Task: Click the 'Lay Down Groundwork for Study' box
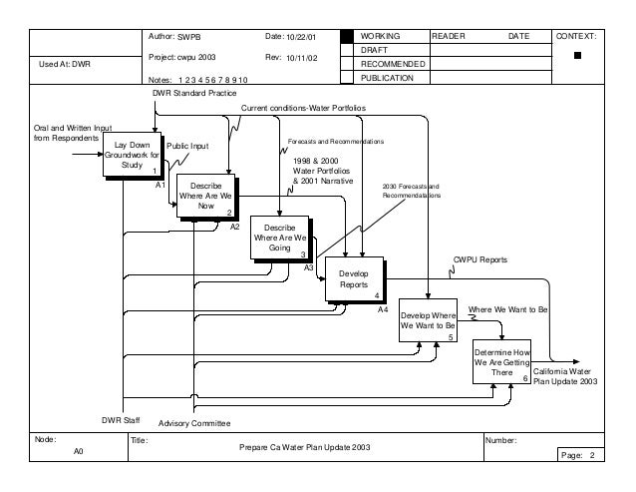point(132,157)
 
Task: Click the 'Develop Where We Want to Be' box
point(428,320)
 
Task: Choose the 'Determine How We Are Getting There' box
point(501,364)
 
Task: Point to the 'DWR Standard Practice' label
point(193,93)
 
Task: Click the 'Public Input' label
point(187,146)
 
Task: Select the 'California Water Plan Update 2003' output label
point(565,376)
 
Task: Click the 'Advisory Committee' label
point(194,423)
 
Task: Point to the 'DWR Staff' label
point(126,420)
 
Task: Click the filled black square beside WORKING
point(347,36)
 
